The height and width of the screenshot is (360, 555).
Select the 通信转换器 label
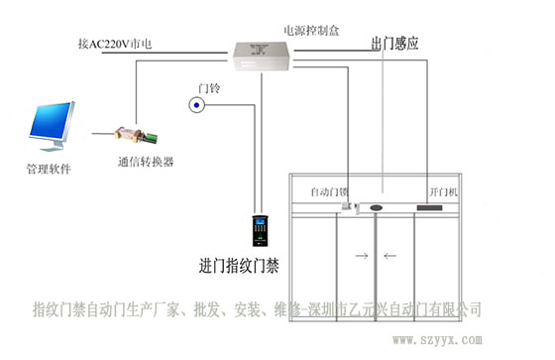click(145, 162)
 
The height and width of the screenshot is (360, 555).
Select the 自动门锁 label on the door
click(329, 190)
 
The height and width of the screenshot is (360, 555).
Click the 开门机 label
click(443, 190)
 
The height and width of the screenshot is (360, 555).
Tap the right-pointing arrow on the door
click(360, 256)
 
